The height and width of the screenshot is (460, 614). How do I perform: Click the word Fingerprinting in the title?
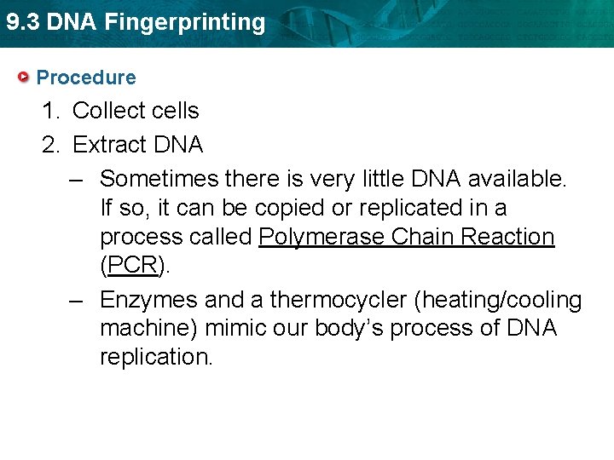point(185,22)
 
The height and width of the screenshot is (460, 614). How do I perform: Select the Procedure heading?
point(86,78)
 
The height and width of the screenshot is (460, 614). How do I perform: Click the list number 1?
point(51,111)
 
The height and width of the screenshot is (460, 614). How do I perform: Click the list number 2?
point(51,145)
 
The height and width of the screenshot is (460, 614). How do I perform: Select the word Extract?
point(107,145)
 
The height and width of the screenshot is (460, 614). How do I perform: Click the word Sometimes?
point(159,179)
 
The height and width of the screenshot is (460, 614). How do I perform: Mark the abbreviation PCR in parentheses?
point(133,266)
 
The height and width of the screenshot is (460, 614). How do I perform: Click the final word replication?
point(156,357)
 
